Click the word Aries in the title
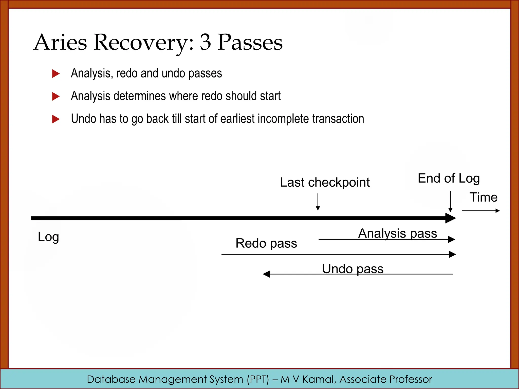tap(60, 42)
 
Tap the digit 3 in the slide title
tap(205, 42)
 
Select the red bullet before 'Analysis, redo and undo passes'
tap(55, 74)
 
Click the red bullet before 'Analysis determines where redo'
tap(55, 96)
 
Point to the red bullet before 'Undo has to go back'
tap(55, 119)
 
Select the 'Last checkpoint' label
tap(325, 182)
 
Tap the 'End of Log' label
tap(449, 178)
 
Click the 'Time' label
tap(484, 197)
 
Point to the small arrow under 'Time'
tap(480, 211)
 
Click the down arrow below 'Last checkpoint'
tap(318, 202)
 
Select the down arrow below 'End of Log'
tap(450, 201)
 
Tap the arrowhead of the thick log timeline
tap(451, 218)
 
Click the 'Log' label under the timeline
tap(48, 237)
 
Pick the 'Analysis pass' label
tap(397, 233)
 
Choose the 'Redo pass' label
tap(266, 243)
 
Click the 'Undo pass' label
tap(353, 269)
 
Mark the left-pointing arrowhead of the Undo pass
tap(267, 274)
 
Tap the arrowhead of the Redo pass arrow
tap(452, 254)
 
